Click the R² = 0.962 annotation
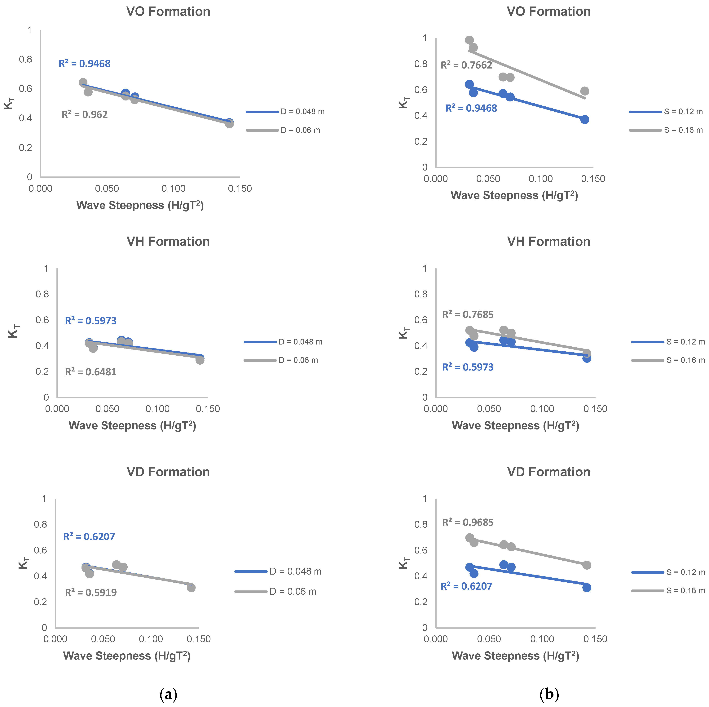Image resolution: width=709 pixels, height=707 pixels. [x=85, y=114]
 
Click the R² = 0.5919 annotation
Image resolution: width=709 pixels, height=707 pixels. [x=91, y=593]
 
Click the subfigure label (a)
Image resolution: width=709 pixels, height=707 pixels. [x=168, y=694]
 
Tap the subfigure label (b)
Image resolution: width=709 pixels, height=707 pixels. [x=549, y=694]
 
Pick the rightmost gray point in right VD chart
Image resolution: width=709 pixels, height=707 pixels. [x=587, y=565]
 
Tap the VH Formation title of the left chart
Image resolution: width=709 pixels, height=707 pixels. [x=168, y=242]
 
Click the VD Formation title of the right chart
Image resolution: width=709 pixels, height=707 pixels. [x=549, y=472]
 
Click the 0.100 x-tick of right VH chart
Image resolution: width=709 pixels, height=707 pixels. [x=542, y=409]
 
